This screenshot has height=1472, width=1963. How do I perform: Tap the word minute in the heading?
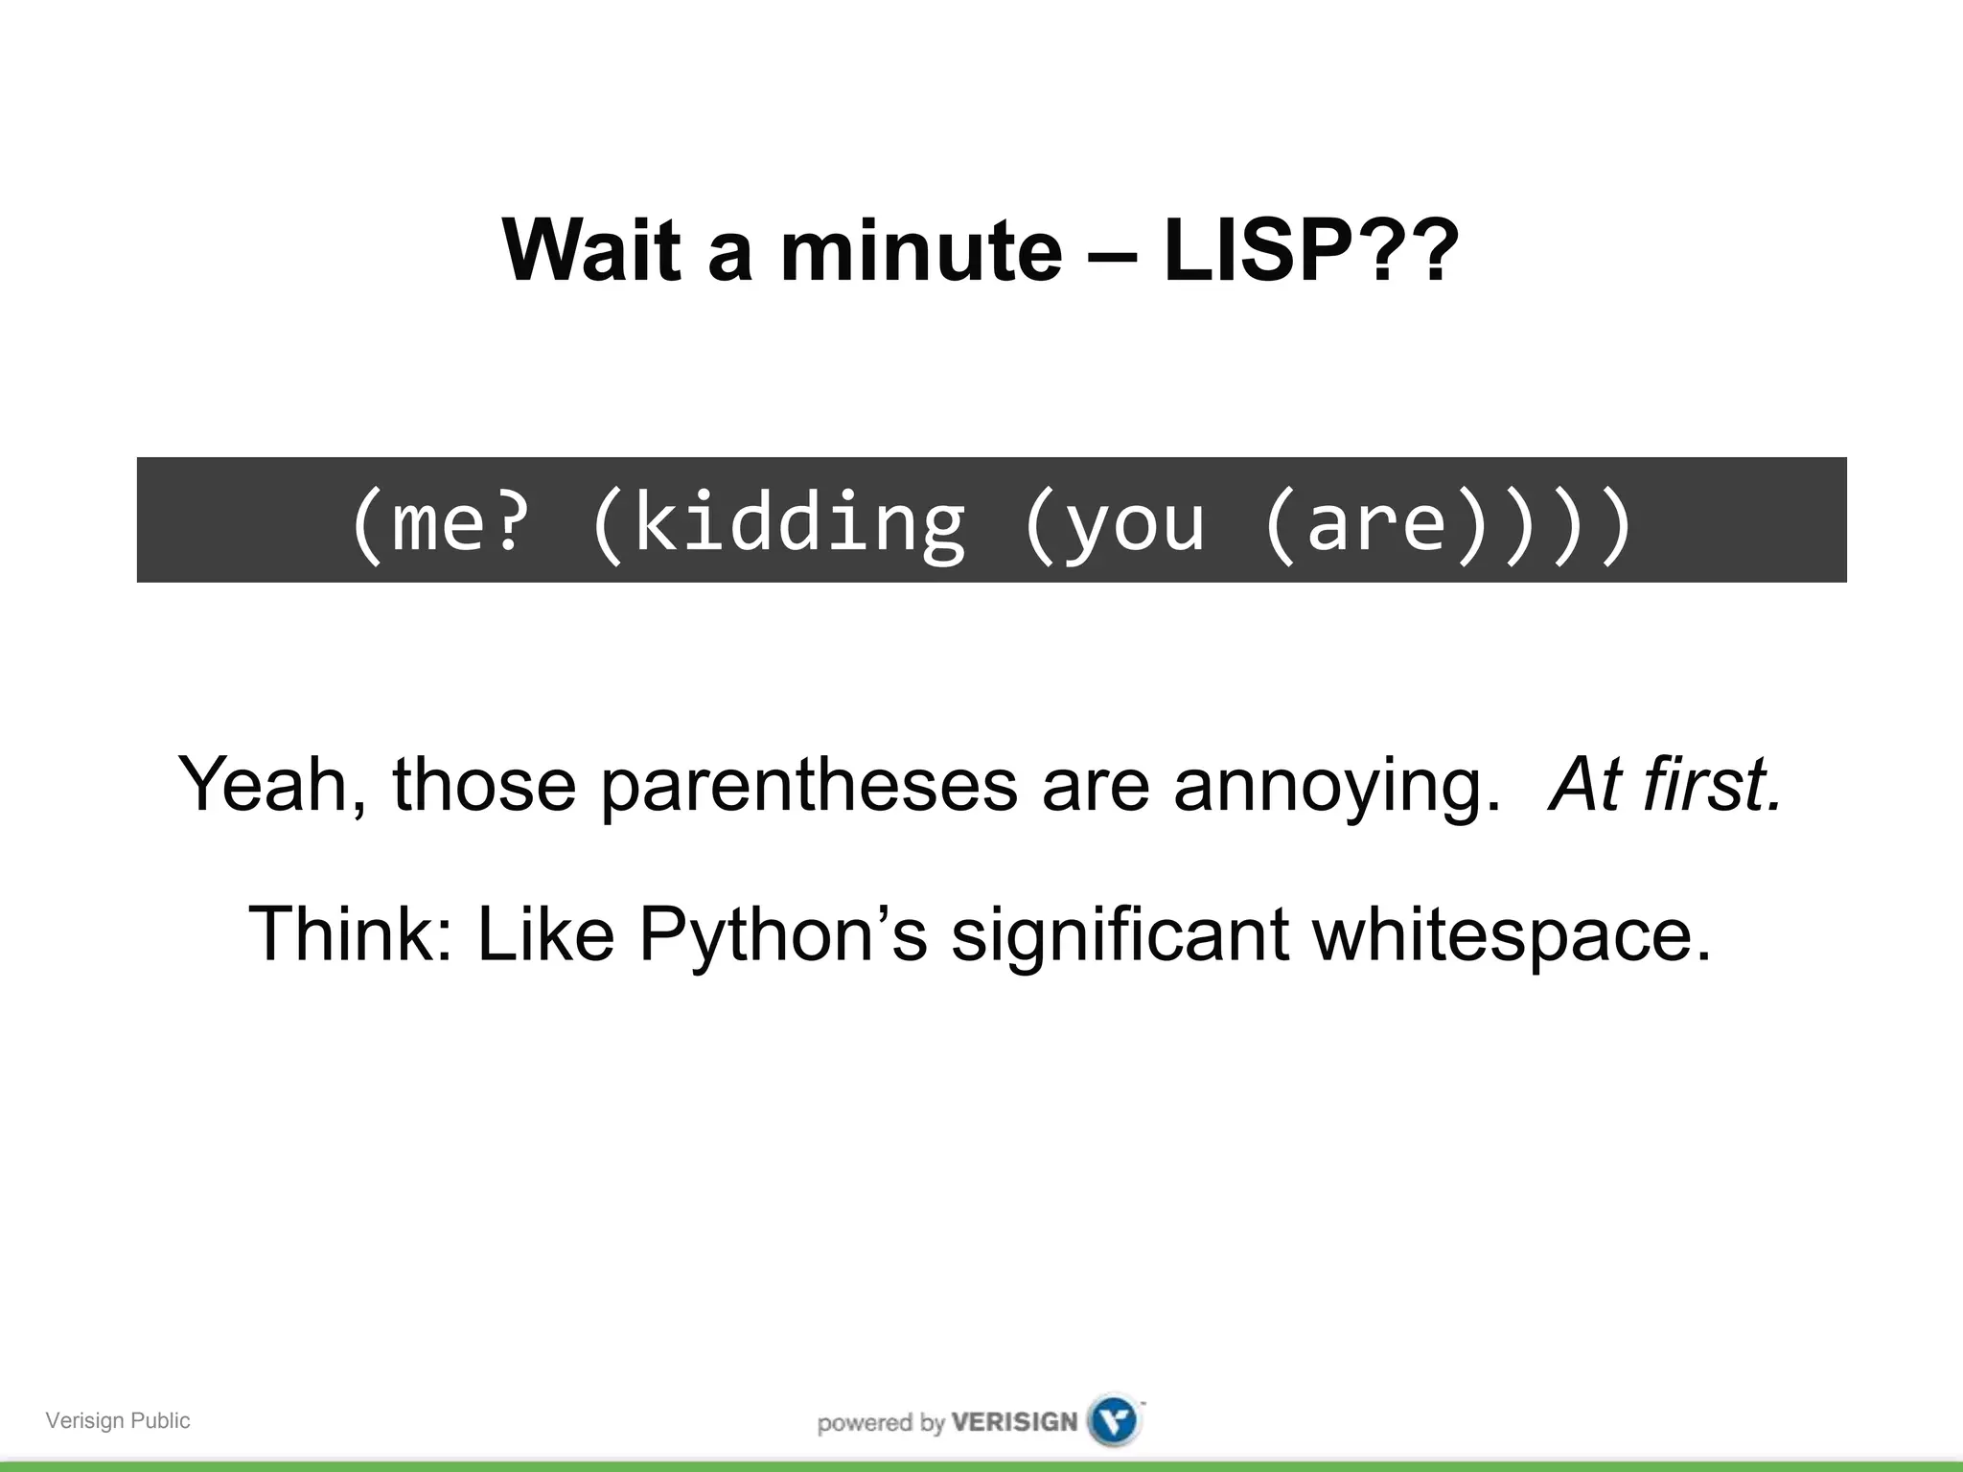921,251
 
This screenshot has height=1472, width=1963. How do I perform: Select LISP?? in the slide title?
1311,251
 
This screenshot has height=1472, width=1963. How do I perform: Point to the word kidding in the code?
799,522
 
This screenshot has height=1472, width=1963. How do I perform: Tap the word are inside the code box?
1375,522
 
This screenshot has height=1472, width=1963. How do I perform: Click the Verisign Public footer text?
118,1420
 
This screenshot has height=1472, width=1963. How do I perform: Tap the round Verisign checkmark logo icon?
1115,1420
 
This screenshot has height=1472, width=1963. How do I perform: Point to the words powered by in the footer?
881,1422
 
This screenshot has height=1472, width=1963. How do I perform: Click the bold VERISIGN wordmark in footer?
1014,1421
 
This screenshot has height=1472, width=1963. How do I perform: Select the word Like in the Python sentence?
545,934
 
